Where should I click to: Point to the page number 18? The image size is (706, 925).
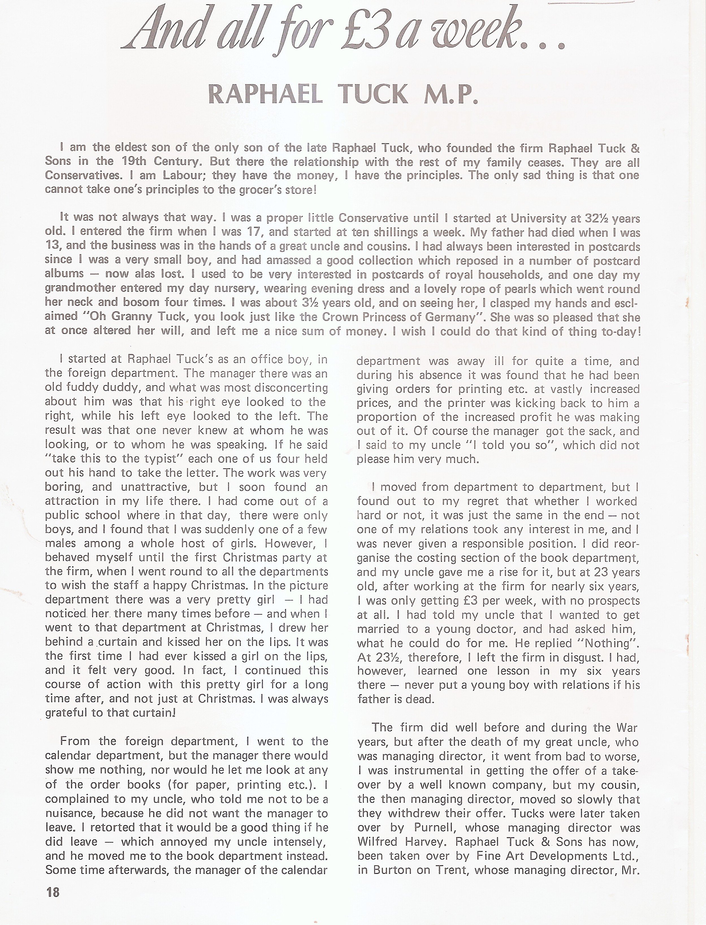53,904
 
